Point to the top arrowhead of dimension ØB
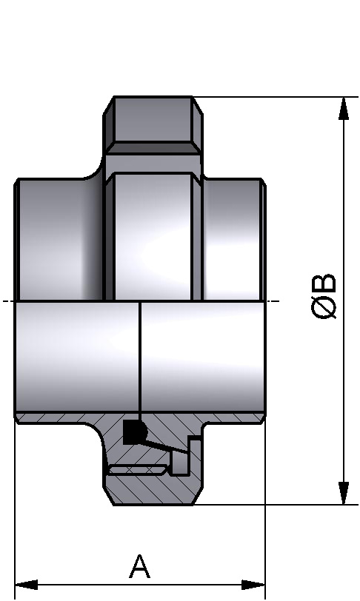pos(344,108)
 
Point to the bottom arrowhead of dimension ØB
pos(344,493)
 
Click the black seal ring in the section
pos(134,431)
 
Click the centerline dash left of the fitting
pos(7,301)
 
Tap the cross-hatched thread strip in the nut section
pos(136,469)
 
